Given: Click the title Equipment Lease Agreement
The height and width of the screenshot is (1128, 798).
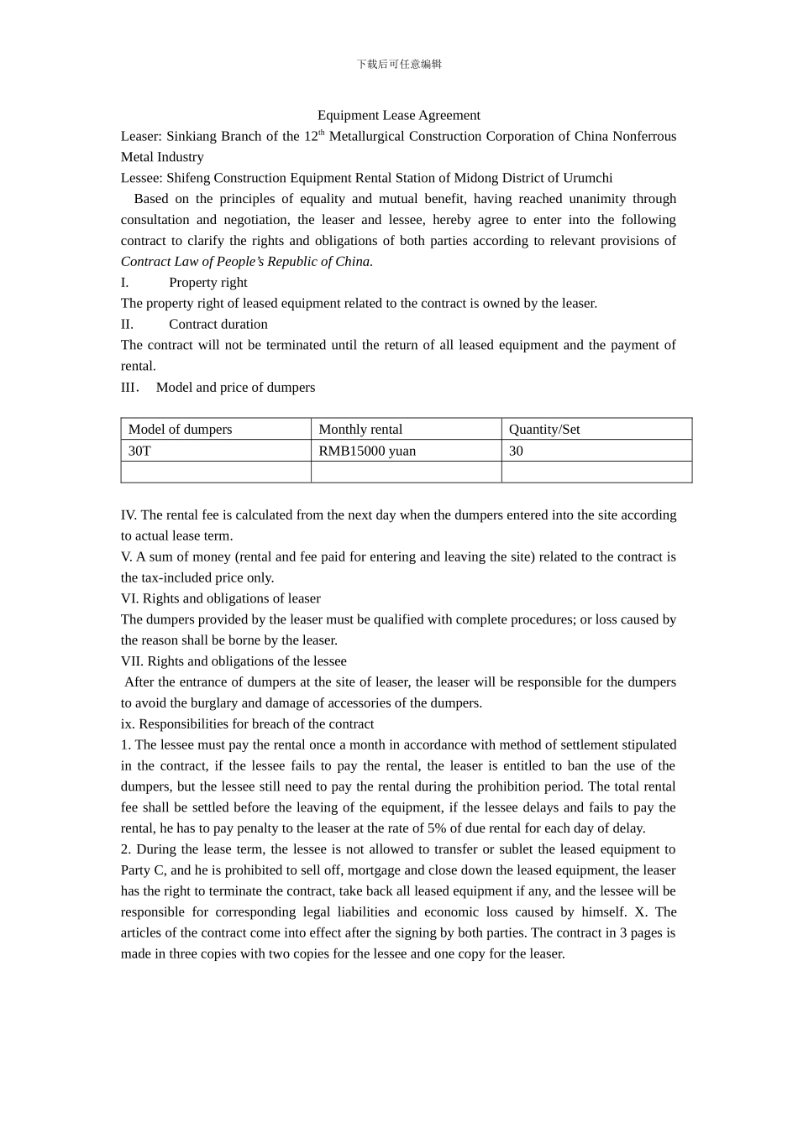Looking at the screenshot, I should (x=398, y=115).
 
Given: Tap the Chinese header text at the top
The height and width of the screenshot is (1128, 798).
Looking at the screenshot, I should (x=399, y=64).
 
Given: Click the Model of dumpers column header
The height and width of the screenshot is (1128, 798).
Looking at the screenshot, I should (x=180, y=429).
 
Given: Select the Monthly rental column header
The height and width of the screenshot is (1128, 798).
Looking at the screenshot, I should (x=360, y=429).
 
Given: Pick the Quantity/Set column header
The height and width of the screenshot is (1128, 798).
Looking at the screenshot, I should (x=544, y=429).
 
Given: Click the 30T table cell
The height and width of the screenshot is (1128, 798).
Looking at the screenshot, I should (x=139, y=451).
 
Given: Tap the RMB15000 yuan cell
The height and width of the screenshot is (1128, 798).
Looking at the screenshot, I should (x=367, y=451).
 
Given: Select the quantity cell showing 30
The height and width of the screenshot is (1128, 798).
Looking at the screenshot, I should (x=516, y=451).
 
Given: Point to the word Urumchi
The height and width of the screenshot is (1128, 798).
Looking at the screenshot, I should (x=588, y=178).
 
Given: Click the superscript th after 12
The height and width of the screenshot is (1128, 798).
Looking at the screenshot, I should (x=321, y=132).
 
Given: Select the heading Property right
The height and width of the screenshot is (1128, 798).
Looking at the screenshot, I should (x=207, y=282).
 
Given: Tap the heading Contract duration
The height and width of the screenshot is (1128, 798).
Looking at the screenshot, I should (x=218, y=324).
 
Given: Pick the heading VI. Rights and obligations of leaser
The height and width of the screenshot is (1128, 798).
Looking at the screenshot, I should (x=220, y=598).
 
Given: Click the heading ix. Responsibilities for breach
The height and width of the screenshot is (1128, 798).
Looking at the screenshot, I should (x=247, y=723).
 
